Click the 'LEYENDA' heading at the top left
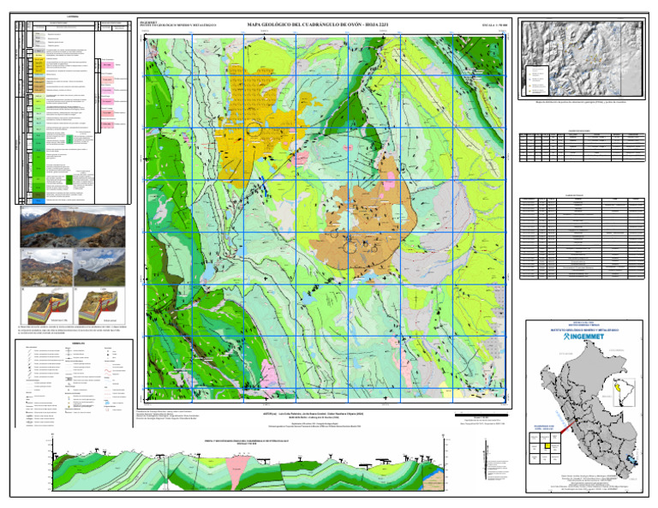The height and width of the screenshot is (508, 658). (71, 15)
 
